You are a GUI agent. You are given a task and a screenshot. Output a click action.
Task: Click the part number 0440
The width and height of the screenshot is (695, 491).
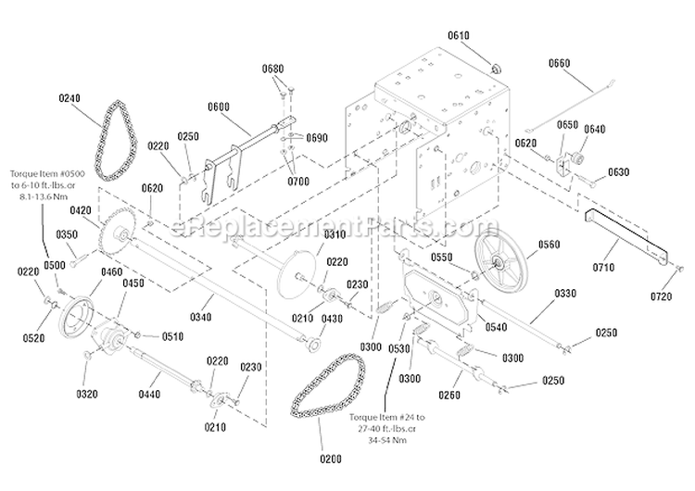click(x=148, y=394)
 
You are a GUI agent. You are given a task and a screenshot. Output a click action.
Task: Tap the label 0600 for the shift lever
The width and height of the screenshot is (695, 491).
click(x=219, y=105)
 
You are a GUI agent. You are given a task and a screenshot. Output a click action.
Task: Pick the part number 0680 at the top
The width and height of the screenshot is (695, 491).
click(x=272, y=69)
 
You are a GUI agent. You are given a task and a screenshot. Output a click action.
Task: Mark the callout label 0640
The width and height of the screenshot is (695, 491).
click(x=594, y=129)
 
